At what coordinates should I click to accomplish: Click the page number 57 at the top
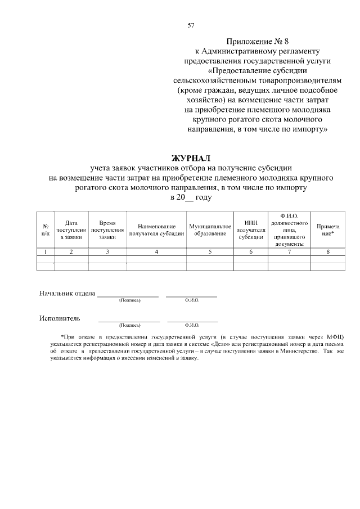click(191, 25)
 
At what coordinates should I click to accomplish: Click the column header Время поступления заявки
click(107, 230)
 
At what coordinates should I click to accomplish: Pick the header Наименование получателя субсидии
click(157, 230)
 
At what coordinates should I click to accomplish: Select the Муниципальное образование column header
click(210, 230)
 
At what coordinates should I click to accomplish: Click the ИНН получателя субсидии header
click(250, 230)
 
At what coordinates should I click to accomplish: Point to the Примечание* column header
click(328, 230)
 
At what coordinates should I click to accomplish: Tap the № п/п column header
click(45, 230)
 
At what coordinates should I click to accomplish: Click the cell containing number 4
click(157, 251)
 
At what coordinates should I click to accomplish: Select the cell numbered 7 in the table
click(289, 251)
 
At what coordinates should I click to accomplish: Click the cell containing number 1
click(45, 251)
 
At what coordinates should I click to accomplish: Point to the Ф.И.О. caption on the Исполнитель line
click(192, 325)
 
